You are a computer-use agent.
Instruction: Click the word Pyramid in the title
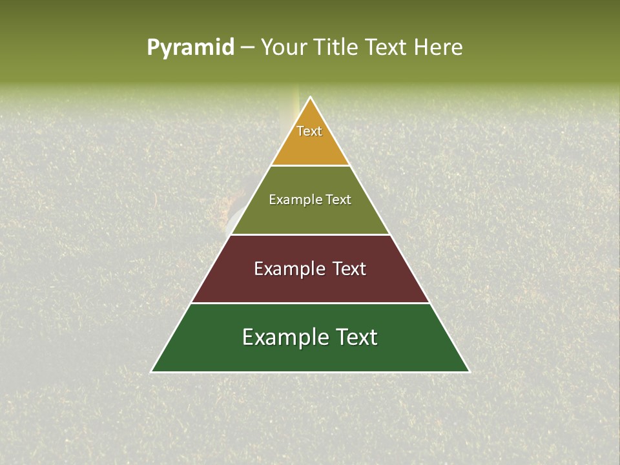pos(190,48)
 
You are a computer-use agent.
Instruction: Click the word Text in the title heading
pos(387,47)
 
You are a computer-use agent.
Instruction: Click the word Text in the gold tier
pos(309,131)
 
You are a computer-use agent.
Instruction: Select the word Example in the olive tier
pos(294,200)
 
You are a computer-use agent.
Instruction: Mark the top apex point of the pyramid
pos(310,98)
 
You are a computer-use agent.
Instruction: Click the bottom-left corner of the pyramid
pos(152,371)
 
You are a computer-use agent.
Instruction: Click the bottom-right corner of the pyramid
pos(469,371)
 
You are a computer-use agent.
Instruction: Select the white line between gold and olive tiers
pos(310,166)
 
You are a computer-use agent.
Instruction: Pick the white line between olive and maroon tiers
pos(310,234)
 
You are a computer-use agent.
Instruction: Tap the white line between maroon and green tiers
pos(310,303)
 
